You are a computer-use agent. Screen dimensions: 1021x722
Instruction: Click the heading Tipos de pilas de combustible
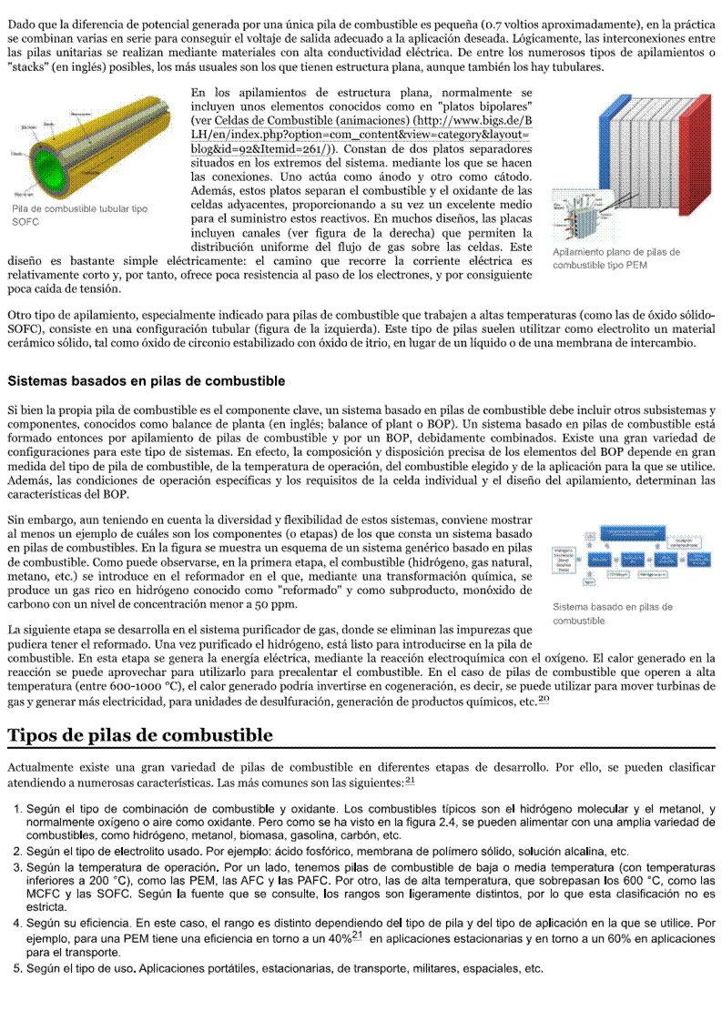(x=139, y=734)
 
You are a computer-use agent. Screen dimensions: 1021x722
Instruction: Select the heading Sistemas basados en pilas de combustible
(x=146, y=380)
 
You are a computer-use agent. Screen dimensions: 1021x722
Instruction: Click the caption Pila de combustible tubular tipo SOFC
(x=80, y=215)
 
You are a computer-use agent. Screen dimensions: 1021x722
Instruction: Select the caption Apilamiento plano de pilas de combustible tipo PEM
(x=616, y=258)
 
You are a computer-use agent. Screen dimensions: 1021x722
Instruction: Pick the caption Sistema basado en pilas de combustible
(x=613, y=612)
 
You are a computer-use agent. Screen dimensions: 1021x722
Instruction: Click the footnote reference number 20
(x=544, y=699)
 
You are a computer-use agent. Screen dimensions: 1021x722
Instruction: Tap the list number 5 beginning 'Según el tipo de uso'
(x=17, y=968)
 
